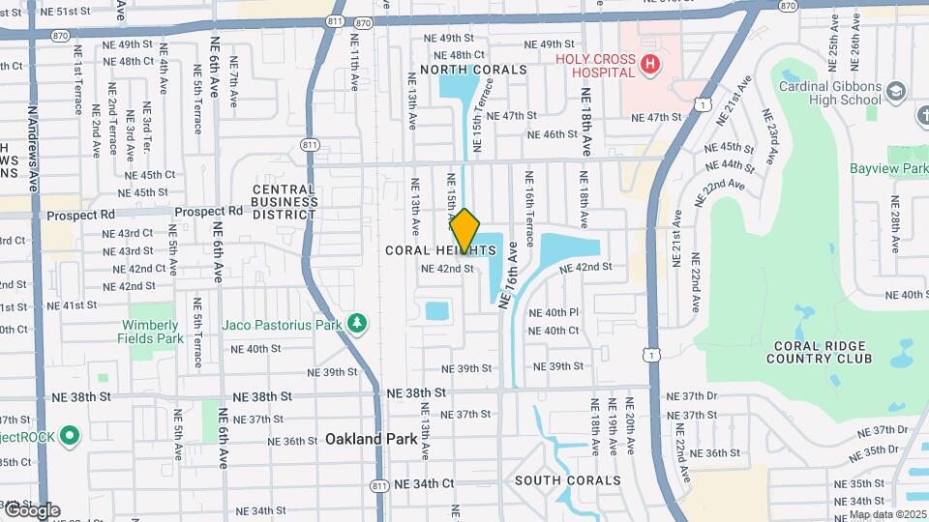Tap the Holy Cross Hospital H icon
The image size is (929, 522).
pyautogui.click(x=649, y=66)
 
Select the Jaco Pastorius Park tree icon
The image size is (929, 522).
pyautogui.click(x=357, y=323)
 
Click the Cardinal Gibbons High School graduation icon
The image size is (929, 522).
pyautogui.click(x=896, y=91)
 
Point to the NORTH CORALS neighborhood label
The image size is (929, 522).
pyautogui.click(x=474, y=70)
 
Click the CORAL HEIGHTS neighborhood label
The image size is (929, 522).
pyautogui.click(x=440, y=250)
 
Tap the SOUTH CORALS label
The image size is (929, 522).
pyautogui.click(x=567, y=480)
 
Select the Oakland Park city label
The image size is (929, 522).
pyautogui.click(x=372, y=439)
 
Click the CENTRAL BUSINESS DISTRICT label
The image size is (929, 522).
pyautogui.click(x=285, y=202)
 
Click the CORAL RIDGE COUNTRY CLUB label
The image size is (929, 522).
pyautogui.click(x=813, y=352)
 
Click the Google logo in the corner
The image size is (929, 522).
pyautogui.click(x=31, y=509)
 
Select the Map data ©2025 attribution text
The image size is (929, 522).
pyautogui.click(x=888, y=514)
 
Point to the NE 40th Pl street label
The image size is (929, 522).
pyautogui.click(x=560, y=312)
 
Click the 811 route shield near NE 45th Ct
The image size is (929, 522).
pyautogui.click(x=310, y=145)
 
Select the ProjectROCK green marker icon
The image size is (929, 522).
pyautogui.click(x=69, y=436)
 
